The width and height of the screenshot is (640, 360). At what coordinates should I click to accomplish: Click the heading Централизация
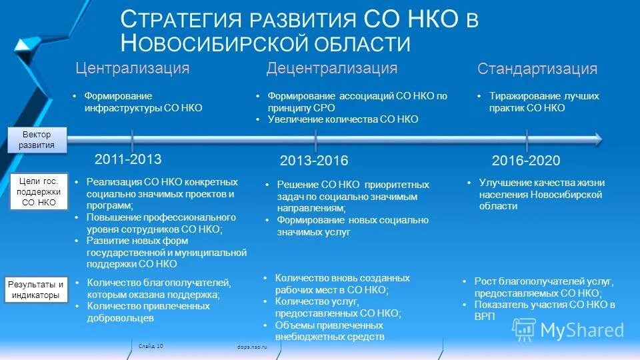click(132, 68)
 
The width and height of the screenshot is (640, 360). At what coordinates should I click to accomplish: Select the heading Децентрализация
click(331, 68)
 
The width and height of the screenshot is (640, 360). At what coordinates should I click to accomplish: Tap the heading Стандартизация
click(537, 69)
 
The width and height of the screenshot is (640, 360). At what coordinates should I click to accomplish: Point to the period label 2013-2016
click(314, 161)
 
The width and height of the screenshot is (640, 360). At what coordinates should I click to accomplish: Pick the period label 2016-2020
click(526, 161)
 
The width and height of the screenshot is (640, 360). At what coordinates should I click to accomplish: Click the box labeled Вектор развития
click(37, 140)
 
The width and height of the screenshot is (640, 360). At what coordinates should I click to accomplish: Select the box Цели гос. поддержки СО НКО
click(38, 191)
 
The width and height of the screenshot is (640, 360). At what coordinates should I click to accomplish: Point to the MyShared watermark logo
click(568, 329)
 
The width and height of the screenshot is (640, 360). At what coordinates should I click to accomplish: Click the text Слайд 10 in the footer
click(151, 345)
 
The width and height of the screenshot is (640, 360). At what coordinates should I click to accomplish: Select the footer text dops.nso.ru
click(251, 347)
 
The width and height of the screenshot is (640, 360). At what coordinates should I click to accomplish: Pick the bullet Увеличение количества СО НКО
click(343, 119)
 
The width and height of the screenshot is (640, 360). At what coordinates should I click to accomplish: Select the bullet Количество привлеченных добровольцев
click(148, 312)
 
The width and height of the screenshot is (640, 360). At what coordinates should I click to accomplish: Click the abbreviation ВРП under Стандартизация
click(485, 317)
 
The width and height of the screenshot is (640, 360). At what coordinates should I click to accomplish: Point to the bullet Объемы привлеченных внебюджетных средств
click(329, 331)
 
